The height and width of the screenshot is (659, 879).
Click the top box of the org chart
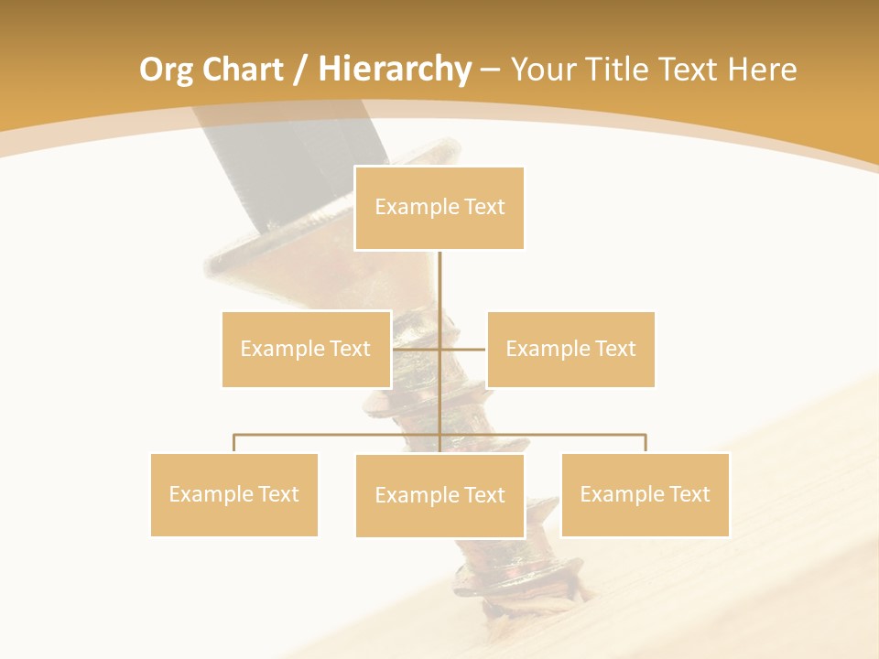coord(439,208)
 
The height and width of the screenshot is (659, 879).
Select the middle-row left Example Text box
coord(306,349)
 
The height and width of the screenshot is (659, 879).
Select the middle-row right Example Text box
coord(570,349)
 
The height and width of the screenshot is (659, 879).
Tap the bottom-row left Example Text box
coord(234,494)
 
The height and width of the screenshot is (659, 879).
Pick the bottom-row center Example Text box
coord(439,495)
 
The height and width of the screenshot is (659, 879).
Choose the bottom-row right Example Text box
coord(645,494)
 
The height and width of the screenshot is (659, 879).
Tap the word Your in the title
coord(541,70)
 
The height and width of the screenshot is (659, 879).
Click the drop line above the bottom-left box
coord(234,443)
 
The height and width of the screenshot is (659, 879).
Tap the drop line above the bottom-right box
coord(646,443)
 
